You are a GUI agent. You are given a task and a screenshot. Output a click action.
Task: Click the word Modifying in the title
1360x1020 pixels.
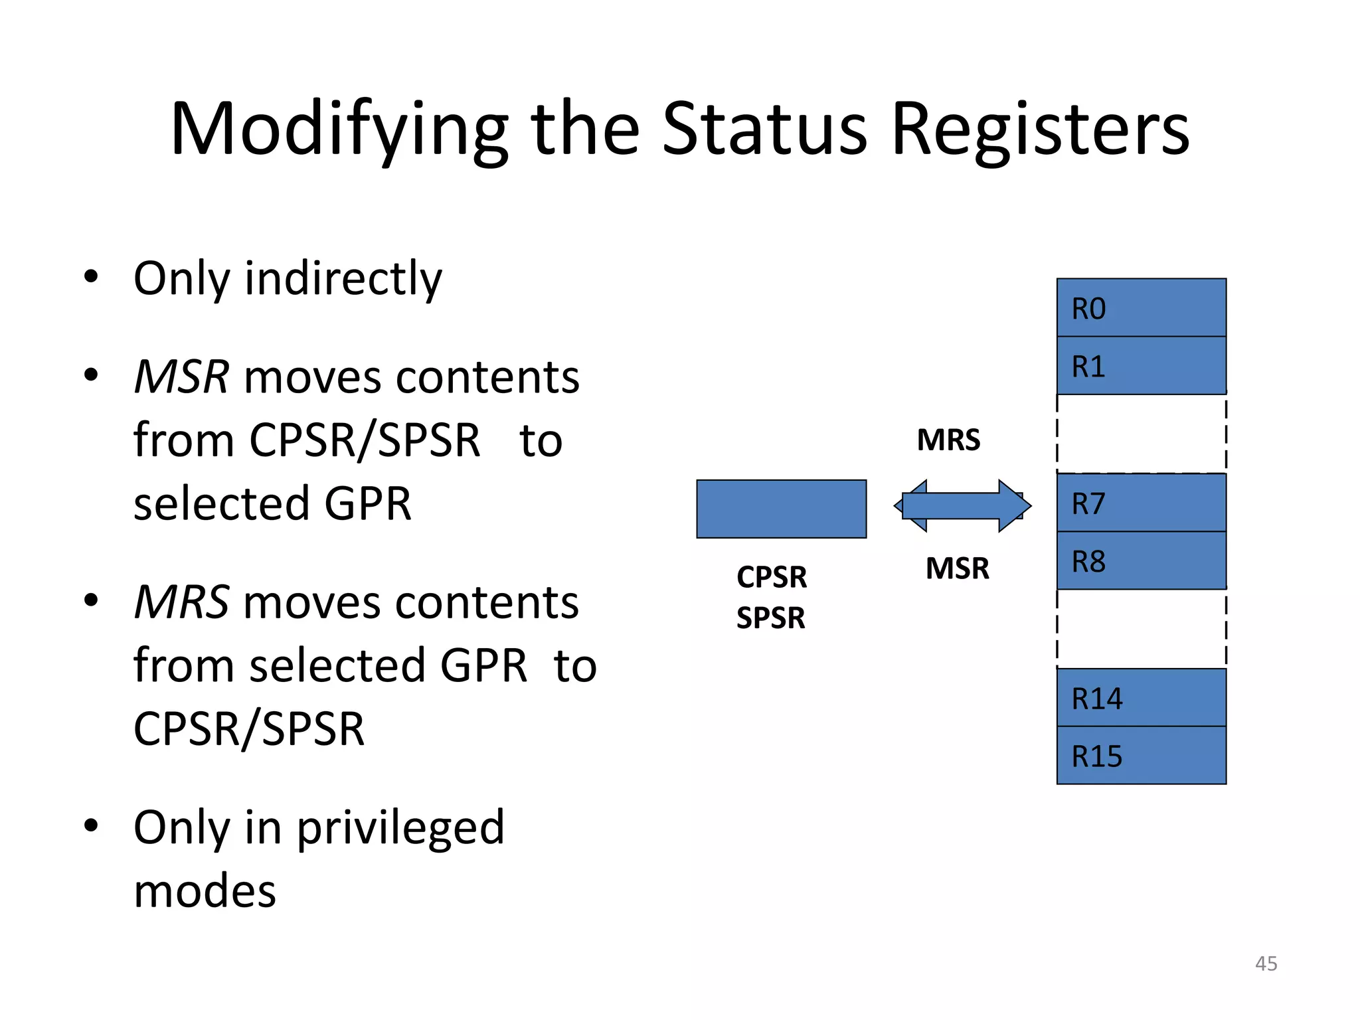coord(339,130)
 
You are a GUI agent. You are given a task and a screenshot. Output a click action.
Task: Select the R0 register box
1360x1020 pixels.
coord(1141,308)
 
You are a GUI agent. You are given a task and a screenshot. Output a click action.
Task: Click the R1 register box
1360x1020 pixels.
coord(1141,366)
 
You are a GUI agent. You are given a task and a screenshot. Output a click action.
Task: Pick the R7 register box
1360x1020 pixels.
coord(1141,503)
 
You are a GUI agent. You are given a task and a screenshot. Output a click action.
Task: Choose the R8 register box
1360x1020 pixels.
coord(1141,560)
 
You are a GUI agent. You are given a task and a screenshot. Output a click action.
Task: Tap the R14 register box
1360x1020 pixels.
coord(1141,697)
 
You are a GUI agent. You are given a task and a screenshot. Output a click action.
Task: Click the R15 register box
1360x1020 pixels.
coord(1141,755)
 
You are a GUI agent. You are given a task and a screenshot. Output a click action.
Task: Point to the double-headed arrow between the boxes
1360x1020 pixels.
coord(962,506)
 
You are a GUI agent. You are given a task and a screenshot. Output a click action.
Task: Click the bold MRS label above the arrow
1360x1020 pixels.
coord(948,440)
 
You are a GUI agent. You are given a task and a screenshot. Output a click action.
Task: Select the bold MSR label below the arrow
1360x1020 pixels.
coord(957,568)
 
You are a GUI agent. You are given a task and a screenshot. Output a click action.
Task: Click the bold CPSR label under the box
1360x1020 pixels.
coord(772,576)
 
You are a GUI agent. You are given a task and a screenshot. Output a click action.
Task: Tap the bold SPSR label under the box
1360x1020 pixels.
coord(770,618)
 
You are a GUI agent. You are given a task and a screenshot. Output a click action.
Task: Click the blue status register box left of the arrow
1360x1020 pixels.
coord(781,509)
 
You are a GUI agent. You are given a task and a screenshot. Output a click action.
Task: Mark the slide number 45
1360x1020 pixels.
coord(1266,964)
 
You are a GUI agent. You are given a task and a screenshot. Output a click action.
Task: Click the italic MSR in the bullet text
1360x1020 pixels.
coord(181,377)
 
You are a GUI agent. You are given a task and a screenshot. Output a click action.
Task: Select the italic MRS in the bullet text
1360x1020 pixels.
coord(181,602)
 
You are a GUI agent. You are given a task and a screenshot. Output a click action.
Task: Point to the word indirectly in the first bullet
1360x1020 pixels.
coord(343,279)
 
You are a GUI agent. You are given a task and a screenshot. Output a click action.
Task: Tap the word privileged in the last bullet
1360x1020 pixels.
coord(400,828)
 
